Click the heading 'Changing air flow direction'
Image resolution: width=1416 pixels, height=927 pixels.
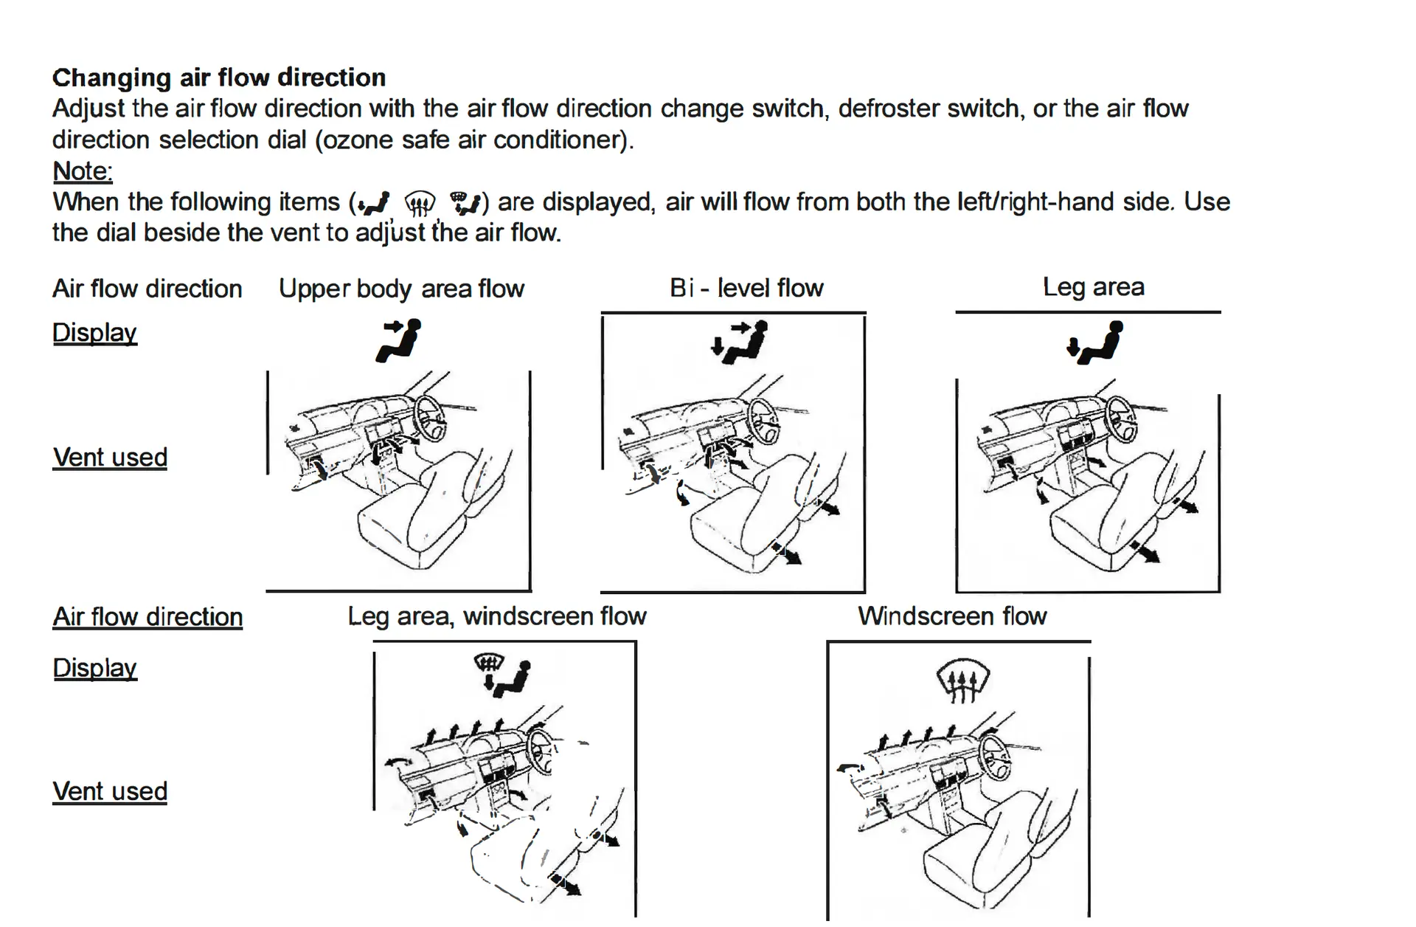[218, 77]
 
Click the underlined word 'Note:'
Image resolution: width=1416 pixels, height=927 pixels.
[83, 171]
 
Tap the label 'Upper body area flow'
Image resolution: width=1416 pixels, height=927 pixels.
[401, 289]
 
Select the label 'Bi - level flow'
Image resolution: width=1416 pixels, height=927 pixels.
[746, 288]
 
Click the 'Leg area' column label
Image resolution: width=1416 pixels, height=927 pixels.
[1093, 287]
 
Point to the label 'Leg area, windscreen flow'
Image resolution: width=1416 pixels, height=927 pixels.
[497, 616]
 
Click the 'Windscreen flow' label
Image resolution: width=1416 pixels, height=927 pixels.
[952, 616]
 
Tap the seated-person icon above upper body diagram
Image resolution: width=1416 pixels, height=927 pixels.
[399, 340]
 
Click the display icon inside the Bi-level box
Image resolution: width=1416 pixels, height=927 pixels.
[740, 342]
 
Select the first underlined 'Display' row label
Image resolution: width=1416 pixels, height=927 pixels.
[94, 333]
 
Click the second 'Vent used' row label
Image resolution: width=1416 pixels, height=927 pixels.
[110, 792]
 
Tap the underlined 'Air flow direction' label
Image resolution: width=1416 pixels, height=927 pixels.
[147, 617]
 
